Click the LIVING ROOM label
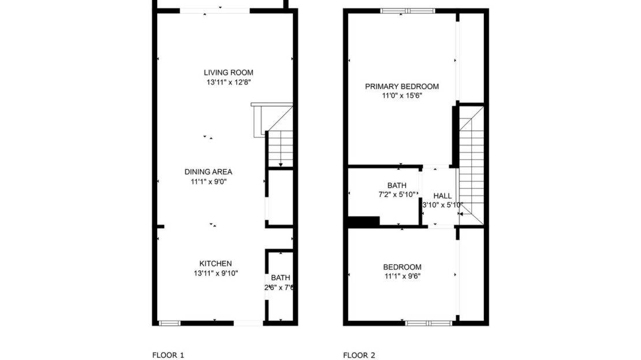(x=228, y=73)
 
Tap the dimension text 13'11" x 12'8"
(x=228, y=83)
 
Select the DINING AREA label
(x=208, y=172)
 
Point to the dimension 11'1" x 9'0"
(x=208, y=181)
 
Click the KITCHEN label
(x=215, y=263)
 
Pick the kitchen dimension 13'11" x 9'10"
(x=215, y=273)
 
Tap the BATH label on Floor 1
(x=280, y=278)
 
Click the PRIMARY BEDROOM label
(x=401, y=87)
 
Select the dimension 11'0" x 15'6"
(x=401, y=96)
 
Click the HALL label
(x=442, y=196)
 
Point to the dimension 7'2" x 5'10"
(x=397, y=195)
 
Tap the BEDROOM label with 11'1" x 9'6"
(x=402, y=267)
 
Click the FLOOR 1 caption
(x=168, y=355)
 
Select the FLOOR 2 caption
(x=359, y=355)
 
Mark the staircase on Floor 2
(x=472, y=168)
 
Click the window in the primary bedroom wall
(x=408, y=10)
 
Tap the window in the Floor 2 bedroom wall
(x=428, y=322)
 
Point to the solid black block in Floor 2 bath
(x=363, y=221)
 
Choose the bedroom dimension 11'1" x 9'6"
(x=402, y=276)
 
